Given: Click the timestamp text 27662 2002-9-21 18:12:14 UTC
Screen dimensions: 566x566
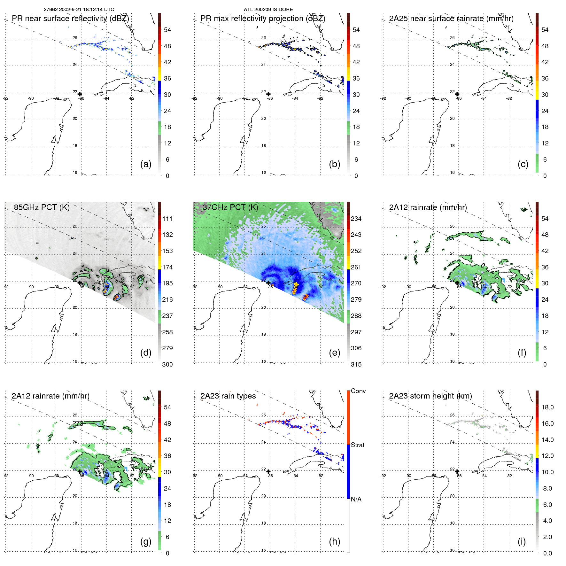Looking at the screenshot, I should pos(79,10).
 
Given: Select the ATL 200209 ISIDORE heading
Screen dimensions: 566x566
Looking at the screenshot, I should pos(268,10).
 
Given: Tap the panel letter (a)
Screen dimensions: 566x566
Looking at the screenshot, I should pos(146,164).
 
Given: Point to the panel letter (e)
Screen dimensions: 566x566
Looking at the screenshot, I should pos(334,353).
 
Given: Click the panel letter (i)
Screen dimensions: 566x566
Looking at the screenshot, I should pos(522,541).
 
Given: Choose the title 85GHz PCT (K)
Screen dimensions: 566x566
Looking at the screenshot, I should pos(42,207).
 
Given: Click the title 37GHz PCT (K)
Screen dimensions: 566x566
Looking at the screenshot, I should pos(230,207).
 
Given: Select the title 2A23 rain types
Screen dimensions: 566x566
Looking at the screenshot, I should pos(228,396).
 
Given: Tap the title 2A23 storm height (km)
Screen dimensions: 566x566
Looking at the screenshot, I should pos(430,396).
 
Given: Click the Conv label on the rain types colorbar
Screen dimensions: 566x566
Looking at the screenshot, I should pos(358,391).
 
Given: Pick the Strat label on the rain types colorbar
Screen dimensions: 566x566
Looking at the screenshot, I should pos(357,445).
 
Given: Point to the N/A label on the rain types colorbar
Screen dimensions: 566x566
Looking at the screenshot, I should pos(356,499).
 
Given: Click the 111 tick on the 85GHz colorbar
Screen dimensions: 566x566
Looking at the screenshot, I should pos(167,219).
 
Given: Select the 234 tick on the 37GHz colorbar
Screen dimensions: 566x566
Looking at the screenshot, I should pos(356,219).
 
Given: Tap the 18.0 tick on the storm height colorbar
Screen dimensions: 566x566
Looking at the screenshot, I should pos(547,407).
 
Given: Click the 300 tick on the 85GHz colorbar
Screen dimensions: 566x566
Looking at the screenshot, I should pos(167,364).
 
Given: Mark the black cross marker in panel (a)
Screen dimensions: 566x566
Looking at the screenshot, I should pos(80,94).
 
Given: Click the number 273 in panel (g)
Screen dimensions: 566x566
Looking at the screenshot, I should pos(78,423).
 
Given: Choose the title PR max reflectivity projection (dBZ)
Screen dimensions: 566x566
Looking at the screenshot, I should pos(263,19).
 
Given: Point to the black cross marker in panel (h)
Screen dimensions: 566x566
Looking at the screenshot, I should pos(268,471).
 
